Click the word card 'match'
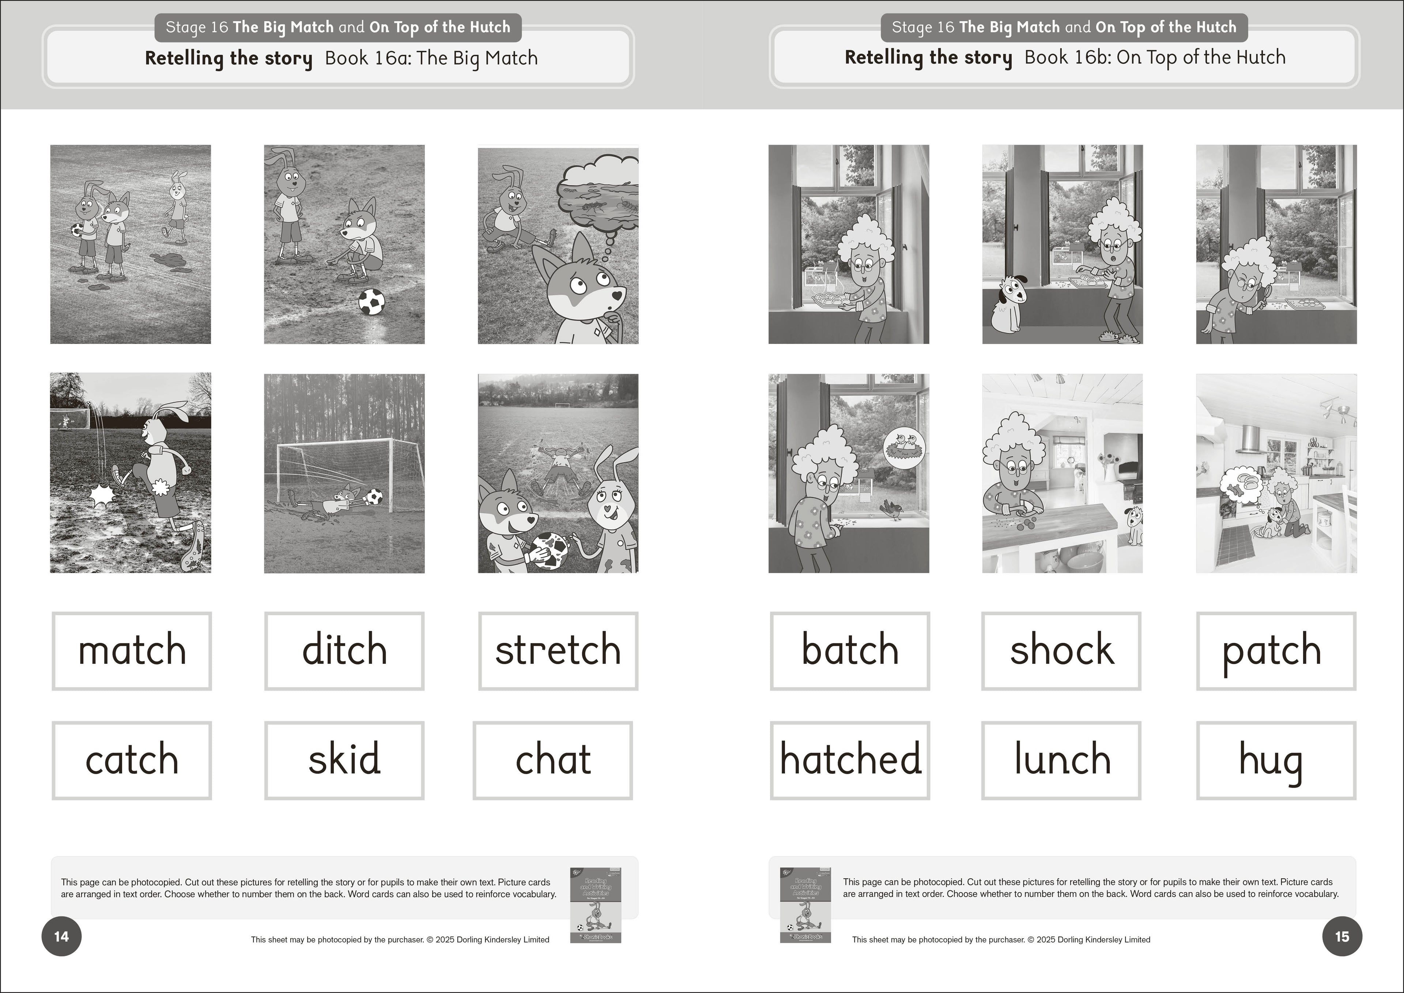[132, 651]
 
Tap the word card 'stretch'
[558, 651]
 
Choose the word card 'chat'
[552, 760]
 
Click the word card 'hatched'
[850, 760]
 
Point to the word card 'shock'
[1061, 651]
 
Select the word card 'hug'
[1276, 760]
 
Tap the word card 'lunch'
[1061, 760]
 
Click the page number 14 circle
[61, 936]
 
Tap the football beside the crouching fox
[371, 302]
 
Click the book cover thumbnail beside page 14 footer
[595, 905]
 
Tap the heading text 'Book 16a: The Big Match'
[431, 58]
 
